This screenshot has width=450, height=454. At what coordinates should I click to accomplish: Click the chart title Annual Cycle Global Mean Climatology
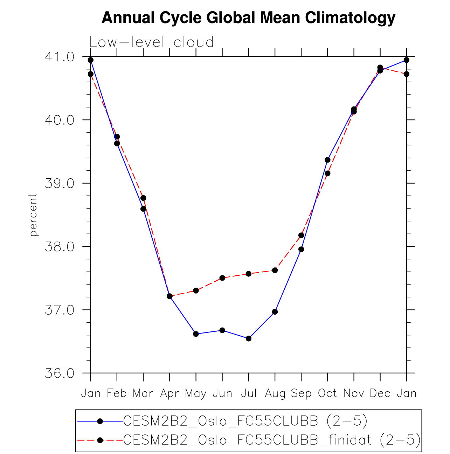tap(248, 18)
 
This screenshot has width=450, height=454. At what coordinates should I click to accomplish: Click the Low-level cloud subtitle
tap(151, 42)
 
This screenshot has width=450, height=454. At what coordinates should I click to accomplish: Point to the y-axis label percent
tap(33, 215)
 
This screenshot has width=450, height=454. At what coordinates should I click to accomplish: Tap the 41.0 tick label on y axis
tap(60, 57)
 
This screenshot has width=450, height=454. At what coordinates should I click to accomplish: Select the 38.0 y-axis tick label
tap(60, 247)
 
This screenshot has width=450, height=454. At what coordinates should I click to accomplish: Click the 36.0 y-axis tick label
tap(60, 373)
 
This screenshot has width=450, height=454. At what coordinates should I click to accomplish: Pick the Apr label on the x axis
tap(169, 393)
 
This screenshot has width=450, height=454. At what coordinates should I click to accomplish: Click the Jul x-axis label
tap(249, 393)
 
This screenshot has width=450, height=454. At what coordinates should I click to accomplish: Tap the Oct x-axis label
tap(327, 393)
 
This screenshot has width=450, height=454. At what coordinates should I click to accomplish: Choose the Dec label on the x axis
tap(380, 393)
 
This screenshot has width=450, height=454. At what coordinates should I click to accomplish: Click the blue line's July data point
tap(249, 338)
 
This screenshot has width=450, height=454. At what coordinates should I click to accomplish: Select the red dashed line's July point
tap(249, 274)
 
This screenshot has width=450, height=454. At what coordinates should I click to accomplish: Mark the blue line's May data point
tap(196, 334)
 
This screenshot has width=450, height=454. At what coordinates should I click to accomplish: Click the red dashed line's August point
tap(275, 270)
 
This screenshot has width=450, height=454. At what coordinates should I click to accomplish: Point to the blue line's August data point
tap(275, 312)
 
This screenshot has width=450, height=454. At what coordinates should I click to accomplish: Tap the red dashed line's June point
tap(222, 278)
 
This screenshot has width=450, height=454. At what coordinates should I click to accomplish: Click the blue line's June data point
tap(222, 330)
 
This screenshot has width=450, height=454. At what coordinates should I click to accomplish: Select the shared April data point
tap(169, 296)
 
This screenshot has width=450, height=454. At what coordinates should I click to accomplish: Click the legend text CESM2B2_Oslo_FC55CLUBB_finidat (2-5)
tap(272, 440)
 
